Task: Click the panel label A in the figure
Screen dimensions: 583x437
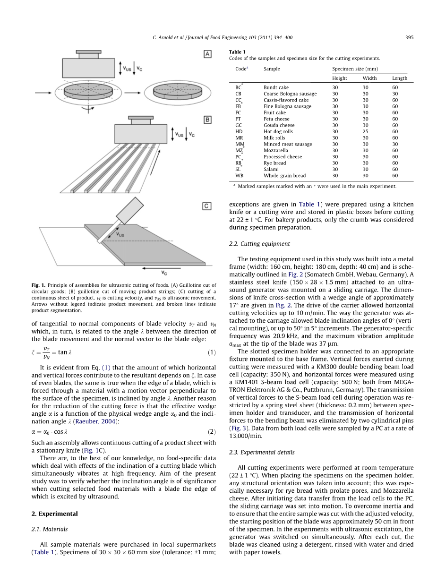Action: [x=207, y=54]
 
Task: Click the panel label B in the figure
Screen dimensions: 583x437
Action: [x=207, y=120]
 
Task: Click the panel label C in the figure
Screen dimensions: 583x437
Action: [x=207, y=206]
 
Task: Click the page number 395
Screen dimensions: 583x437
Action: [x=409, y=38]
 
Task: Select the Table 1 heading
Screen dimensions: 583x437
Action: [x=237, y=52]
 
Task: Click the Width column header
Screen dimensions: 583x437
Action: [x=369, y=78]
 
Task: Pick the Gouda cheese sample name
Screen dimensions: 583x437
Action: [x=279, y=125]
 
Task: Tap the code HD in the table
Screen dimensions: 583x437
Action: [x=239, y=131]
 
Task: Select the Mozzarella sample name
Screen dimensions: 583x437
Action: [x=275, y=150]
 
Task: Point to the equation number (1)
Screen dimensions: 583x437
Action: [x=212, y=352]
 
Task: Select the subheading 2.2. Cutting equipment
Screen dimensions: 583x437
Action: [x=259, y=244]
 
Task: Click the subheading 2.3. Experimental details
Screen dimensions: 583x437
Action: [x=261, y=452]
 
